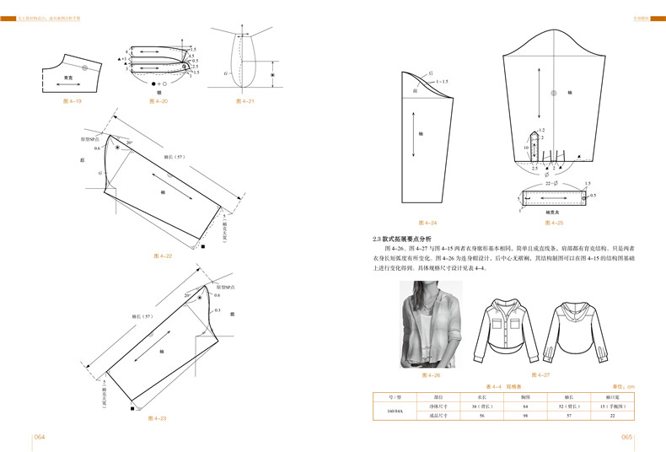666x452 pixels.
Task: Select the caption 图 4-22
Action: tap(164, 255)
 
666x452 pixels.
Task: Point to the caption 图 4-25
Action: tap(554, 223)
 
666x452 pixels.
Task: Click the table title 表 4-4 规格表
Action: tap(505, 385)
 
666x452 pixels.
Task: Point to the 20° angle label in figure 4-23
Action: tap(186, 297)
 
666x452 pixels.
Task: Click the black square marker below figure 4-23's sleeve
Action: tap(134, 408)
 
